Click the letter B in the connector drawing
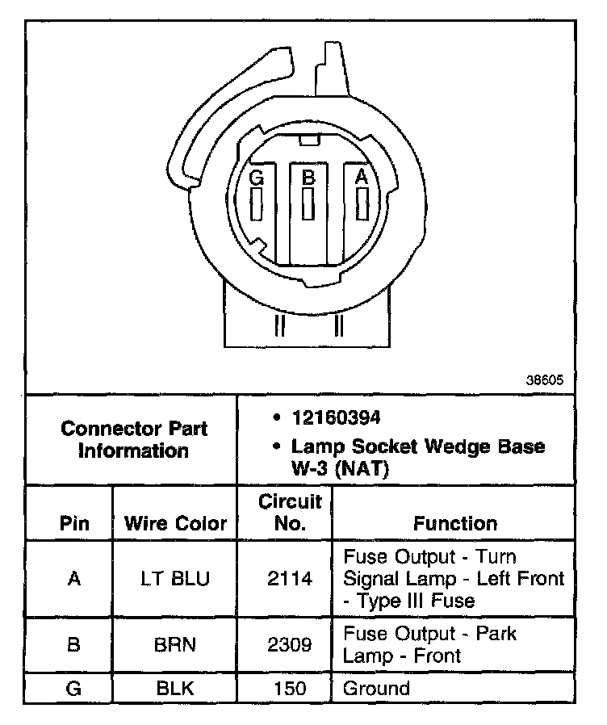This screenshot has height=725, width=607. tap(308, 176)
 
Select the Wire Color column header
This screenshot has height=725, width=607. tap(175, 523)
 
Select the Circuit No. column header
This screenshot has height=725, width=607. tap(290, 512)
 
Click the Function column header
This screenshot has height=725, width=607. tap(455, 523)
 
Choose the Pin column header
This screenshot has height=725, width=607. tap(74, 523)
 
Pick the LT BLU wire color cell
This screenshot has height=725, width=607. tap(175, 578)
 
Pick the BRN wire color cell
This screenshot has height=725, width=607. tap(175, 644)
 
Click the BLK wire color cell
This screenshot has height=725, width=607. tap(175, 689)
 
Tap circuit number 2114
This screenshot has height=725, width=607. tap(290, 578)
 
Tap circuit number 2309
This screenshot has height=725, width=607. tap(290, 644)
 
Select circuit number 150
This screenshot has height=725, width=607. tap(290, 689)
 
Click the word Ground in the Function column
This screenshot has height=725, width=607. tap(376, 689)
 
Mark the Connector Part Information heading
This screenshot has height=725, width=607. tap(134, 439)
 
